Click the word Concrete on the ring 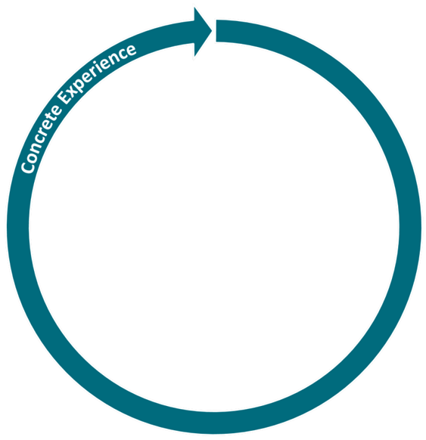point(41,139)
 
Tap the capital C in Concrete point(27,167)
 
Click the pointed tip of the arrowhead point(212,30)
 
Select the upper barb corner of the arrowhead point(194,8)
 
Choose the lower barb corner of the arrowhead point(194,57)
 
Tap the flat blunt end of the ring point(216,31)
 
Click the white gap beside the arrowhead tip point(214,30)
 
